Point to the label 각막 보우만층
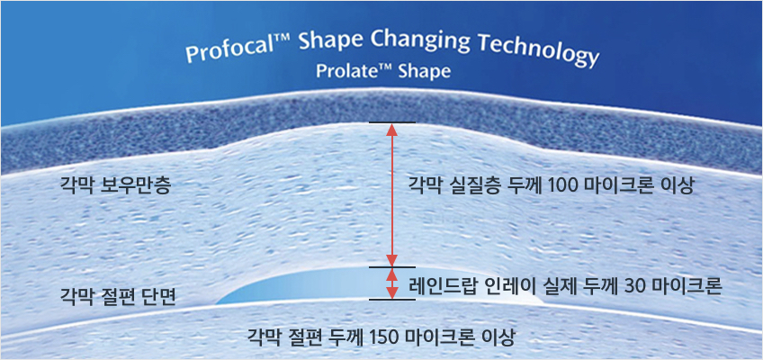point(115,186)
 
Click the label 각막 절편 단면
point(117,295)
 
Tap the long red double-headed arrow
point(392,194)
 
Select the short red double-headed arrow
point(392,283)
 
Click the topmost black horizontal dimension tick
point(392,122)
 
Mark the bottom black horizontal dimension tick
point(392,300)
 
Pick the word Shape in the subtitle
point(425,72)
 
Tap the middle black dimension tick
point(392,267)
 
